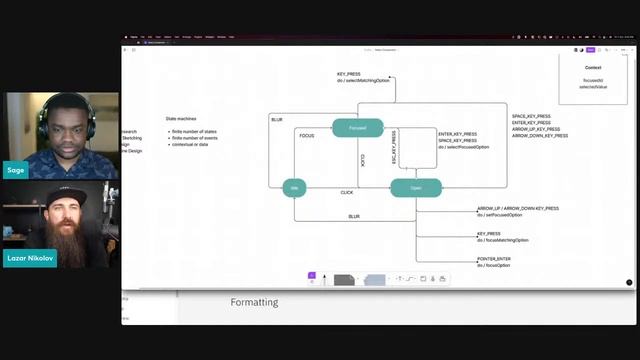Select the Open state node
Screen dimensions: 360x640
coord(415,187)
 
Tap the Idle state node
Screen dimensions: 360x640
coord(294,187)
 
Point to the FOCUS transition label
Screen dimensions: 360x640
coord(307,135)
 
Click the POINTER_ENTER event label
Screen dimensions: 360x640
coord(495,259)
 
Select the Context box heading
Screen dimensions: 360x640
coord(593,68)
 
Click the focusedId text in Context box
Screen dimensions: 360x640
coord(593,80)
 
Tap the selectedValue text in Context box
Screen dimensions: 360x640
coord(593,87)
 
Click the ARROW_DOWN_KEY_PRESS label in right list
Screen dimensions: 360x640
coord(540,135)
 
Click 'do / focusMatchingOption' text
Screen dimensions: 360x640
coord(503,240)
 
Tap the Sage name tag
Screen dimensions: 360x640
coord(14,169)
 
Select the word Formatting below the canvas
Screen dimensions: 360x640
coord(254,302)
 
